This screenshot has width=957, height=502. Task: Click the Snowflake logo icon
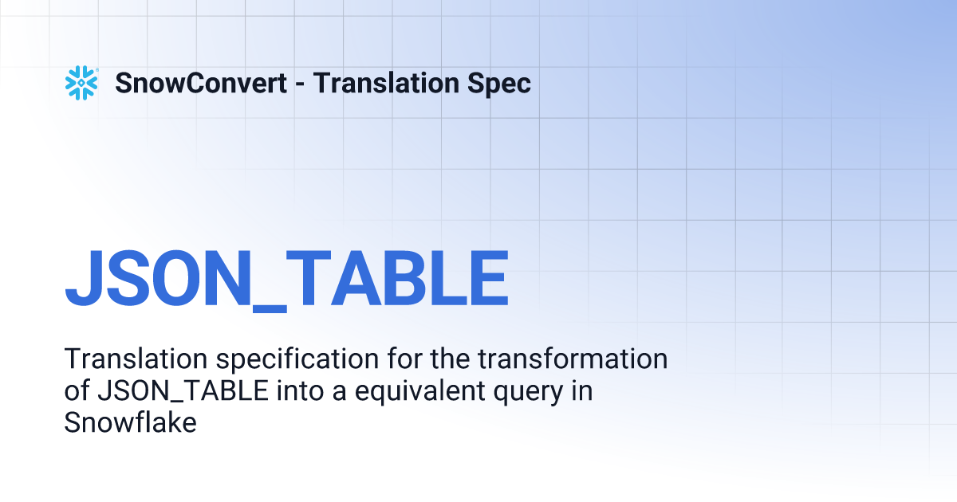point(81,83)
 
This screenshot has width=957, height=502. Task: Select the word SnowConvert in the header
point(201,83)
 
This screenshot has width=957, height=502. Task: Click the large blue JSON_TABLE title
point(286,279)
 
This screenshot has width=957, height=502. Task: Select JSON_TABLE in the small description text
point(165,391)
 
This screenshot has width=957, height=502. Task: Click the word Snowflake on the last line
point(130,422)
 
